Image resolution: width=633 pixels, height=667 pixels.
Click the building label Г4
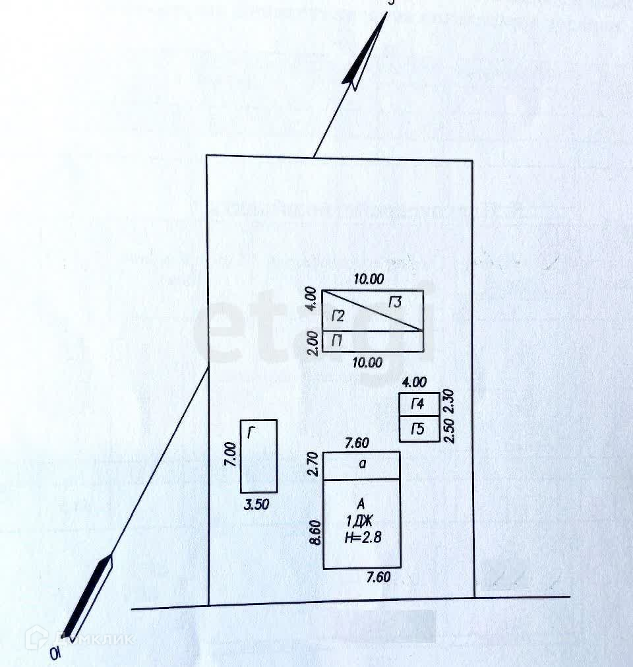pyautogui.click(x=417, y=404)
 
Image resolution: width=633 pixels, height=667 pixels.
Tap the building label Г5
pyautogui.click(x=417, y=430)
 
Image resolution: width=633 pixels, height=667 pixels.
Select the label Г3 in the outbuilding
pyautogui.click(x=396, y=303)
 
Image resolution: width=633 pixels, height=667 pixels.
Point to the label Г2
pyautogui.click(x=338, y=317)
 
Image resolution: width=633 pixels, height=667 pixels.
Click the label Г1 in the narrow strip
pyautogui.click(x=337, y=341)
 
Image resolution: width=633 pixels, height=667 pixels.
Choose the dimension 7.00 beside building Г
pyautogui.click(x=230, y=455)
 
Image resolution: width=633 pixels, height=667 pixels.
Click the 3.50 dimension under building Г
pyautogui.click(x=257, y=506)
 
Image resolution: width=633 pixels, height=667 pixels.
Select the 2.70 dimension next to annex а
pyautogui.click(x=314, y=464)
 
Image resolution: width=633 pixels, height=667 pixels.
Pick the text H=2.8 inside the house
pyautogui.click(x=363, y=538)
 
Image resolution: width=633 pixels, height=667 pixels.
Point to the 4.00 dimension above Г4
pyautogui.click(x=414, y=382)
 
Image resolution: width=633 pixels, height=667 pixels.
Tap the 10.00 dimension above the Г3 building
pyautogui.click(x=368, y=279)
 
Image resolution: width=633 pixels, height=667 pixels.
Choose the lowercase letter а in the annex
pyautogui.click(x=362, y=463)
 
